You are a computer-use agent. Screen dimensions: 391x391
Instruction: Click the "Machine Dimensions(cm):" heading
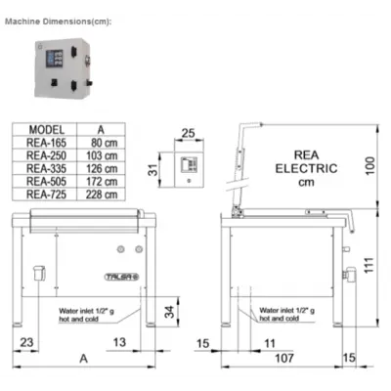point(59,22)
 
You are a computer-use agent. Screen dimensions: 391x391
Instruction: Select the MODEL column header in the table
point(47,130)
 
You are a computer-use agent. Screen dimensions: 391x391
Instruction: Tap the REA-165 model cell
point(46,143)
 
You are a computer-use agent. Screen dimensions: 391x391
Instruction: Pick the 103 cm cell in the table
point(102,155)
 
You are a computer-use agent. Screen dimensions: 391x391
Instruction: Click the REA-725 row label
point(46,195)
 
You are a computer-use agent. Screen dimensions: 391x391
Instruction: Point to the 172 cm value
point(102,182)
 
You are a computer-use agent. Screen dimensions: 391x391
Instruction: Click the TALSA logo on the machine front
point(122,277)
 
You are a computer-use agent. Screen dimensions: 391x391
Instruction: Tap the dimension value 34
point(169,312)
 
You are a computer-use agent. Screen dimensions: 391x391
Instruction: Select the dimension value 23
point(26,342)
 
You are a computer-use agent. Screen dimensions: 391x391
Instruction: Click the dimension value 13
point(119,342)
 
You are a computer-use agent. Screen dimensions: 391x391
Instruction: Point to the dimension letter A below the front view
point(84,359)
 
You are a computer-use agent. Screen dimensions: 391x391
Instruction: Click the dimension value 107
point(284,358)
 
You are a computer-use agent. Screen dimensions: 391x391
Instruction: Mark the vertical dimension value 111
point(369,266)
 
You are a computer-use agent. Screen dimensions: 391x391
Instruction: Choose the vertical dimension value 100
point(370,165)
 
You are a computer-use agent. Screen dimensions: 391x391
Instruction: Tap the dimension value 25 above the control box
point(188,133)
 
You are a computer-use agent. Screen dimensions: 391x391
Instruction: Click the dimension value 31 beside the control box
point(152,170)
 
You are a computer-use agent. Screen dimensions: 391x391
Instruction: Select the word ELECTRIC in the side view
point(306,168)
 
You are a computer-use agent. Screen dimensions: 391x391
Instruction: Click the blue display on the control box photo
point(54,59)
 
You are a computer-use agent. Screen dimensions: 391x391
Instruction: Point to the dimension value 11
point(270,343)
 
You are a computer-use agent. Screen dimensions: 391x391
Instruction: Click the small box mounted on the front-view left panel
point(39,273)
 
